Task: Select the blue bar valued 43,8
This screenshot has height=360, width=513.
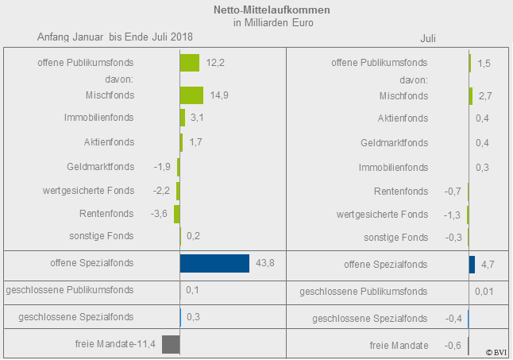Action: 214,263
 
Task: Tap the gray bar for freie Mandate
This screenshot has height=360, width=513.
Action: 170,344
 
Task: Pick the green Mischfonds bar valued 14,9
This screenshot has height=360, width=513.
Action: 191,95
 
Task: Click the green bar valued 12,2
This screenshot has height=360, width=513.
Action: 189,62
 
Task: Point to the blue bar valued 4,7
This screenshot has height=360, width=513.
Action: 472,264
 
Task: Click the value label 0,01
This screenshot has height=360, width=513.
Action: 484,292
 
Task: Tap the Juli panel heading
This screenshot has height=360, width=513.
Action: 428,37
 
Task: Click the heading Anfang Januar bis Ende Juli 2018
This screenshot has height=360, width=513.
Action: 115,37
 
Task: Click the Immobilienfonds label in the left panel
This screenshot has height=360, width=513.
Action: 98,118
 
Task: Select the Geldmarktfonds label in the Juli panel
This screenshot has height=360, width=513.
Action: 394,143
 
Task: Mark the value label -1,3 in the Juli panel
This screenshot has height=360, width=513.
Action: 452,215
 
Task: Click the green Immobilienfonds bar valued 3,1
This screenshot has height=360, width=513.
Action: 183,118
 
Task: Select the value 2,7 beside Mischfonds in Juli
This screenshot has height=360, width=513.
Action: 485,96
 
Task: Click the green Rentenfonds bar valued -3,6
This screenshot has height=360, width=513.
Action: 177,214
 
